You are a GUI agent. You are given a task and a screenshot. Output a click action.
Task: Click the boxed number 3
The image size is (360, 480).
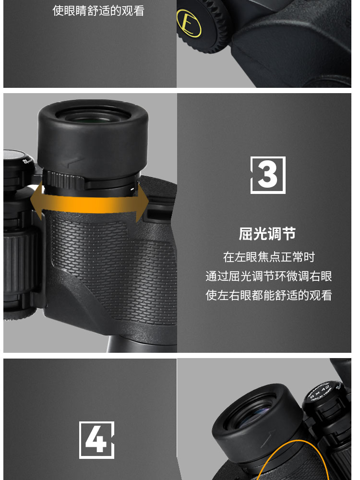click(268, 175)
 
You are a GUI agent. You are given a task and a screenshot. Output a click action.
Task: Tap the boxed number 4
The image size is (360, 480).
click(96, 440)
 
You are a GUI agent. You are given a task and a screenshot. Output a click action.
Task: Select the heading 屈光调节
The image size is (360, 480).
click(267, 234)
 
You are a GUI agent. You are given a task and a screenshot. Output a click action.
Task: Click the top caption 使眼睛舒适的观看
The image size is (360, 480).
click(98, 11)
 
